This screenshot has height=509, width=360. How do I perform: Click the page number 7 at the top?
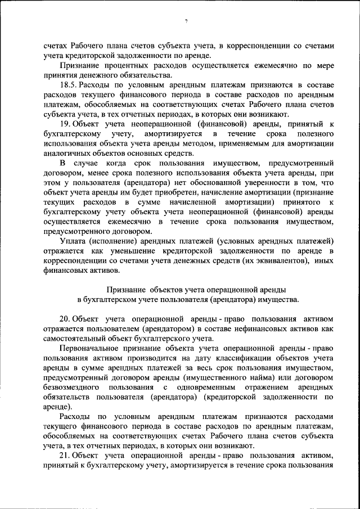[x=186, y=21]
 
